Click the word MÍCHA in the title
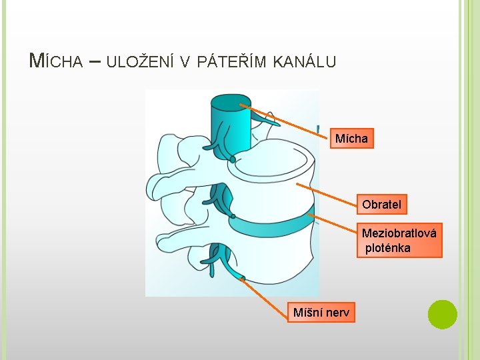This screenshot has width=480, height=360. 56,61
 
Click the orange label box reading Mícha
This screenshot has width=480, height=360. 351,139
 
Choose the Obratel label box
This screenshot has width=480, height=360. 381,205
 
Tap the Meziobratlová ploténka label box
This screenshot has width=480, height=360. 399,241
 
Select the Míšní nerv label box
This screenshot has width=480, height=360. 321,311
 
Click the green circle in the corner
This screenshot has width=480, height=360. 442,314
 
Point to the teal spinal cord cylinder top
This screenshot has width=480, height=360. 231,102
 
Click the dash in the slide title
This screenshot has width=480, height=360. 94,61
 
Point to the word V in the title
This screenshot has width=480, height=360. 185,62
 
